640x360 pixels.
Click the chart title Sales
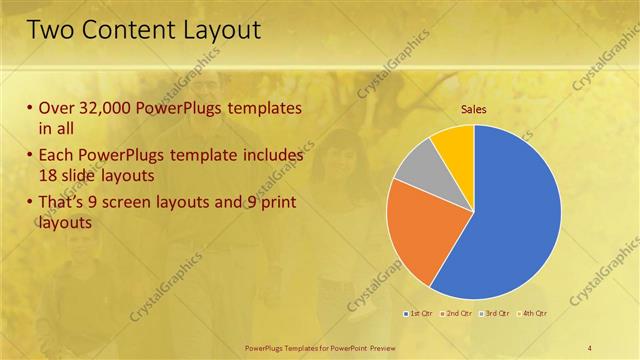point(473,110)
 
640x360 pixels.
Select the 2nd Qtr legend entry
point(456,313)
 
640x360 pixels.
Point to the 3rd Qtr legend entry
point(495,313)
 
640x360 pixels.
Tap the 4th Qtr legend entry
point(533,313)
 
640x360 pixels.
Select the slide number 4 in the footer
point(590,347)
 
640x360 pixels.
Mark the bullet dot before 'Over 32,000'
point(30,108)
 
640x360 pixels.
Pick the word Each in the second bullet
point(57,156)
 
